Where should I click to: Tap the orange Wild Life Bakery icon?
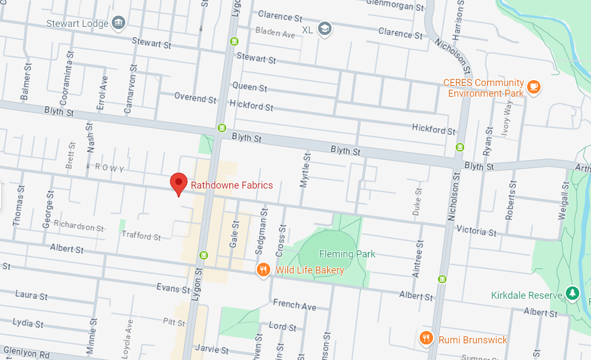[263, 270]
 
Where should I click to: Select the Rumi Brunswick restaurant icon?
[426, 338]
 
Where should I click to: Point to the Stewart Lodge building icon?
[119, 23]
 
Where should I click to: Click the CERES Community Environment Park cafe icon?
[533, 87]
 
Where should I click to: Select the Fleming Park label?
[347, 254]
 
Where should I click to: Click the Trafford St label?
[141, 236]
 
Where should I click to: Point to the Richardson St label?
[78, 227]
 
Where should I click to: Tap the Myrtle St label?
[306, 170]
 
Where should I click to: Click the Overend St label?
[195, 98]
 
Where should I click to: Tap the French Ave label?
[294, 305]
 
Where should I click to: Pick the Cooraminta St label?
[64, 77]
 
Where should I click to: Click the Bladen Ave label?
[275, 33]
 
